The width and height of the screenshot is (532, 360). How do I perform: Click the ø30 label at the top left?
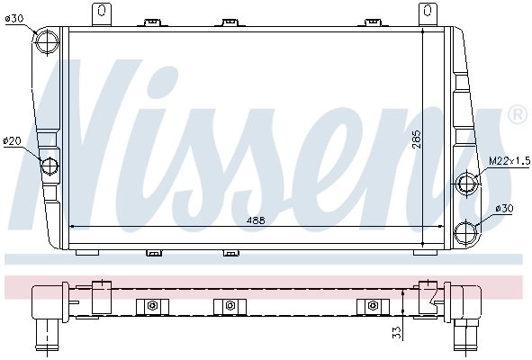point(15,18)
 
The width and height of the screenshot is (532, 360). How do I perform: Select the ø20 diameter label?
point(13,140)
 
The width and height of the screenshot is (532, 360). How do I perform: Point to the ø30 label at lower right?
point(505,208)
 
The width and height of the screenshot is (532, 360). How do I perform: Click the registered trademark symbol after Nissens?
point(517,114)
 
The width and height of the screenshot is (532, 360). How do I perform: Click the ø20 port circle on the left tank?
point(50,166)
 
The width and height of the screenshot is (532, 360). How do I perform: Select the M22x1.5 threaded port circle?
point(468,183)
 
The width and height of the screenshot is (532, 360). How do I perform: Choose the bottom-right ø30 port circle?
point(468,231)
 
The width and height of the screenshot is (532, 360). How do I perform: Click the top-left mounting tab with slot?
point(101,14)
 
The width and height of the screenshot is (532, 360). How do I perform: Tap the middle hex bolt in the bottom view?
point(230,307)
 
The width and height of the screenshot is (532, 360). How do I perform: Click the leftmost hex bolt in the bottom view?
point(152,307)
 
